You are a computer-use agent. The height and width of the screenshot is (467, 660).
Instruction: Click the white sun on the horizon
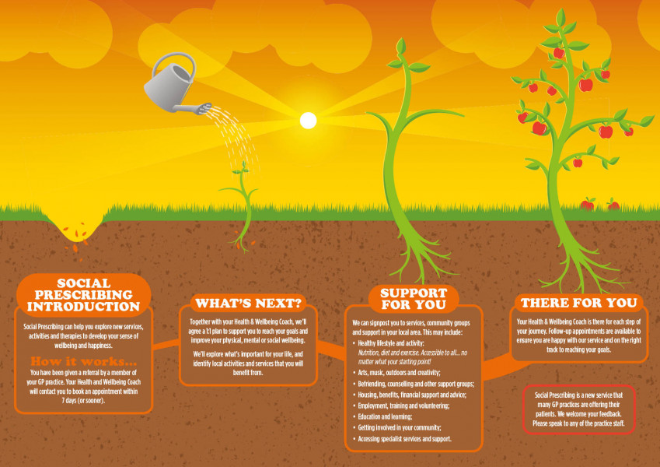click(x=308, y=121)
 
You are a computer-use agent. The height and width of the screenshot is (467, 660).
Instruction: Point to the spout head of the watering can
click(x=204, y=109)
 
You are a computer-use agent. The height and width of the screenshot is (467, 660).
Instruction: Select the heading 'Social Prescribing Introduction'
click(x=83, y=295)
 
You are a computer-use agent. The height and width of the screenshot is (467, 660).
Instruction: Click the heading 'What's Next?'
click(x=249, y=303)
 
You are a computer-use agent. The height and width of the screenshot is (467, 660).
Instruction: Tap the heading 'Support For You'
click(x=414, y=298)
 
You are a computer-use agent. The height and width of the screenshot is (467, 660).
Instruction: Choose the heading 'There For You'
click(x=578, y=303)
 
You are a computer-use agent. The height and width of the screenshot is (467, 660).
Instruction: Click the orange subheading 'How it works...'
click(x=83, y=361)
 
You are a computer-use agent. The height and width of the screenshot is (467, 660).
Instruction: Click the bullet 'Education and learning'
click(x=382, y=416)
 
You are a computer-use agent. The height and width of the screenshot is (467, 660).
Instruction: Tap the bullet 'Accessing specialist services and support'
click(x=402, y=439)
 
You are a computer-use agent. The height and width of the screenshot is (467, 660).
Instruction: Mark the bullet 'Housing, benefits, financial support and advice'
click(x=410, y=395)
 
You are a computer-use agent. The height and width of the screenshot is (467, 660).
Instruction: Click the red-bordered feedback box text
click(x=578, y=409)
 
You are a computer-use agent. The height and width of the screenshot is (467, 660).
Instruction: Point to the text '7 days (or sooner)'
click(x=83, y=400)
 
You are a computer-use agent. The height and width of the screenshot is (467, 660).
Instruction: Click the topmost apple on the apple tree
click(x=559, y=53)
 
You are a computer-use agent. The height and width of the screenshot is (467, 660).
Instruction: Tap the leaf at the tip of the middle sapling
click(x=401, y=45)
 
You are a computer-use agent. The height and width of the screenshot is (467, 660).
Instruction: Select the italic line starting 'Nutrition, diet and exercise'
click(x=413, y=357)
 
